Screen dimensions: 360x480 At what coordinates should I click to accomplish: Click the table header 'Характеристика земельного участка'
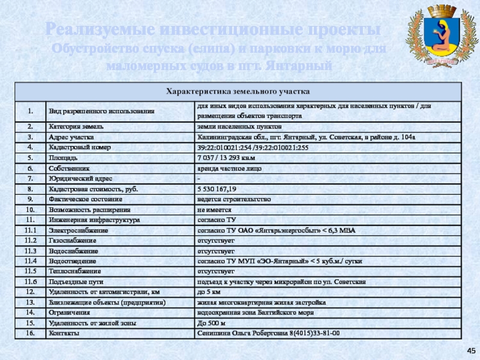[238, 92]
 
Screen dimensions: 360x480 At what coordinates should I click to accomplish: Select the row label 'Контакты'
[62, 333]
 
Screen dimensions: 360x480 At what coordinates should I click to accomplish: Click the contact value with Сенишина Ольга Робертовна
[268, 333]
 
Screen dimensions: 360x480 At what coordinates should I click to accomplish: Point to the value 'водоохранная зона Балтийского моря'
[256, 313]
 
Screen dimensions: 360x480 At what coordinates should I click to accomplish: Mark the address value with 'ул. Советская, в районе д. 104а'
[306, 137]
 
